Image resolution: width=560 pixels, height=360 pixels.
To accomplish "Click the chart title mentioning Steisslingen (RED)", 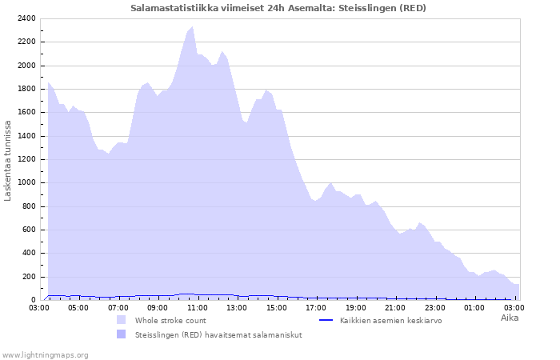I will tap(278, 8).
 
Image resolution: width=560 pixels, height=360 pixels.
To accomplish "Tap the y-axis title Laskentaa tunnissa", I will tap(8, 160).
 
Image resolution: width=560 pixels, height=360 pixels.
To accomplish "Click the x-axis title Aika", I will tap(510, 318).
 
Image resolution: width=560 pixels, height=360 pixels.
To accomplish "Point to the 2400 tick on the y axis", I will tap(26, 18).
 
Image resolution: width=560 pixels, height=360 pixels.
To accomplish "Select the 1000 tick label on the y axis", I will tap(26, 183).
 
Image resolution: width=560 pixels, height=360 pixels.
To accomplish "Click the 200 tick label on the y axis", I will tap(29, 277).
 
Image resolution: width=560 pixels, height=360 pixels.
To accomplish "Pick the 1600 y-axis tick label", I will tap(26, 113).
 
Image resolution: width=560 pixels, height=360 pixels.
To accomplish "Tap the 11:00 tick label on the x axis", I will tap(197, 307).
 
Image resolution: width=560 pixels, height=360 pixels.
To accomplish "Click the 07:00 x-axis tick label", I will tap(118, 307).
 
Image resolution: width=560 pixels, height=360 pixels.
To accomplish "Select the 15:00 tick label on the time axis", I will tap(276, 307).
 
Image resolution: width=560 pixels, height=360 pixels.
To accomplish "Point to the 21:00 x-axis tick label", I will tap(395, 307).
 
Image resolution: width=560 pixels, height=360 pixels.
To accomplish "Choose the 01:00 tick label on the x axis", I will tap(474, 307).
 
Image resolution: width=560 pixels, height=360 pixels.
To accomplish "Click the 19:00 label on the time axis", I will tap(355, 307).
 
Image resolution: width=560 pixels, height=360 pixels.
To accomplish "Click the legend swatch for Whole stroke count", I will tap(122, 320).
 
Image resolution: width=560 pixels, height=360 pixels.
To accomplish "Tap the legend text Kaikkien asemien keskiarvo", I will tap(390, 320).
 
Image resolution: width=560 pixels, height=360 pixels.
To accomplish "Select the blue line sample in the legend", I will tap(326, 320).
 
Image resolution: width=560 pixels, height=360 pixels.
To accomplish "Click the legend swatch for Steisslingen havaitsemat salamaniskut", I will tap(122, 334).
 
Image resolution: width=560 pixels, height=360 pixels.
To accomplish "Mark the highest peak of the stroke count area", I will tap(192, 27).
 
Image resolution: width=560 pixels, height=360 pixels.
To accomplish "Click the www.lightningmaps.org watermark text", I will tap(46, 354).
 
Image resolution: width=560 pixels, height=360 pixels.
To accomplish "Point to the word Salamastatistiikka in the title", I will tap(168, 8).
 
